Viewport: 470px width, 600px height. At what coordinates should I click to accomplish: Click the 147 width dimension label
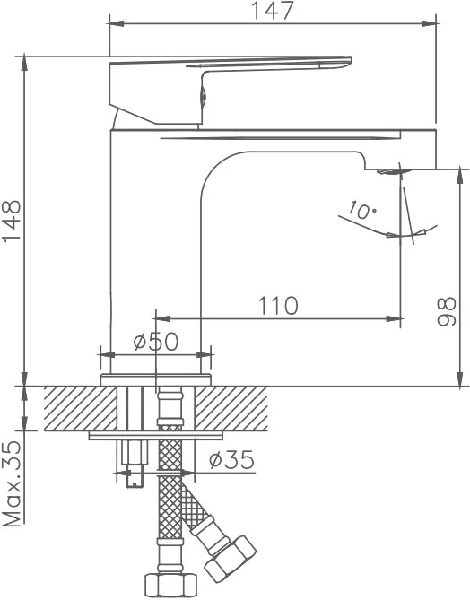(x=272, y=11)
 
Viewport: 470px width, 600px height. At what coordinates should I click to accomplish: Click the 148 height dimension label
(x=12, y=221)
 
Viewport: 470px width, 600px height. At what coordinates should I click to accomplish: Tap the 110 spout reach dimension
(x=278, y=306)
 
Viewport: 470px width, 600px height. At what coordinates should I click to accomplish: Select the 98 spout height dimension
(x=447, y=311)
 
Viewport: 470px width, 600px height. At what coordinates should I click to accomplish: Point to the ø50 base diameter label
(x=156, y=341)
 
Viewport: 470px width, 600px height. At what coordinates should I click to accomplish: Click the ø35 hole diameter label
(x=231, y=459)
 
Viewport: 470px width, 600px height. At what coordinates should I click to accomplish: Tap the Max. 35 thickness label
(x=12, y=483)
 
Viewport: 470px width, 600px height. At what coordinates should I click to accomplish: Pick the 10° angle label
(x=362, y=211)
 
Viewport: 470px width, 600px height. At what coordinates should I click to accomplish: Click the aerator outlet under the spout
(x=390, y=171)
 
